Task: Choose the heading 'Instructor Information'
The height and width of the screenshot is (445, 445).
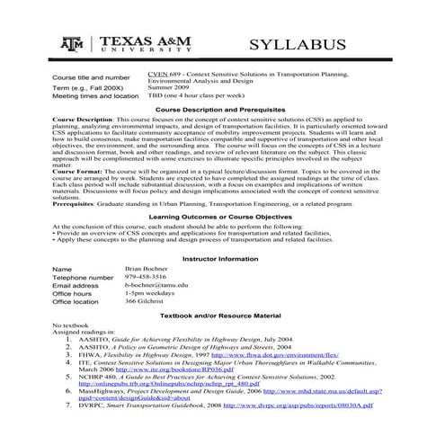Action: click(221, 284)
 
